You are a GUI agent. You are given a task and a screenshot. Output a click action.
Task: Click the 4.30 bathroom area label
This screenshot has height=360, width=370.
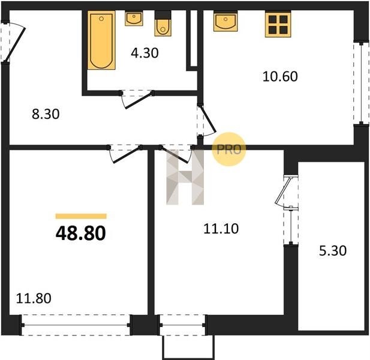145,53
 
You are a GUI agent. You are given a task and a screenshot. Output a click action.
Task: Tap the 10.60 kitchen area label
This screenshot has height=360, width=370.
280,76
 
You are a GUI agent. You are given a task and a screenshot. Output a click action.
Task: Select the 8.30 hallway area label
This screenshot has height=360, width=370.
46,114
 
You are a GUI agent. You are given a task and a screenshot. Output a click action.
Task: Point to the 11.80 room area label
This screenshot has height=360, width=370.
34,298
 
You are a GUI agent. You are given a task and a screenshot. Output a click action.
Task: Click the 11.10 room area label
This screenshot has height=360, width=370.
221,229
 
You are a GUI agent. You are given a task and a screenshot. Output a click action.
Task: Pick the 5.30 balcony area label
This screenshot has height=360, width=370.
333,251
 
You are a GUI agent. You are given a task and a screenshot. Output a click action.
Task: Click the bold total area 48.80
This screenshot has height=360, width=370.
81,233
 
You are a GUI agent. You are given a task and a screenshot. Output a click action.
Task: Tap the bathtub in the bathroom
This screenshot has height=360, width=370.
101,40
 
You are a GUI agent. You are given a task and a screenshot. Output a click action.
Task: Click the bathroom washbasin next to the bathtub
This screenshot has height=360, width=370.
134,18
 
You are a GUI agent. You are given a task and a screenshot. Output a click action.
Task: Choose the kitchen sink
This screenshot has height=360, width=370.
225,21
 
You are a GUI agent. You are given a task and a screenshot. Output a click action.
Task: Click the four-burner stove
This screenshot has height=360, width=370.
278,24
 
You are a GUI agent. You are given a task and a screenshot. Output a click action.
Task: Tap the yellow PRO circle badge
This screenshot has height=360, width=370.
229,149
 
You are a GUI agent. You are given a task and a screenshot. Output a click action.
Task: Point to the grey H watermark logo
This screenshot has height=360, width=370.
185,177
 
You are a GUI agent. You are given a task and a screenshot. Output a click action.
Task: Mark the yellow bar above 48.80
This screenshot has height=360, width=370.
81,216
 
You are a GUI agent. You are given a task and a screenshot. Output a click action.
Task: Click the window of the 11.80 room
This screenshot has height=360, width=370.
76,325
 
